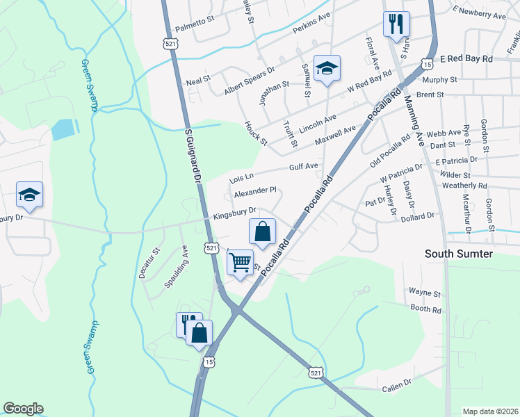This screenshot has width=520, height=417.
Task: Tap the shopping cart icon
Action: pyautogui.click(x=240, y=263)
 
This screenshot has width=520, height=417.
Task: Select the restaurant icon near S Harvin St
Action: pyautogui.click(x=396, y=24)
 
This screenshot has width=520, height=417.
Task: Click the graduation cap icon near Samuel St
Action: pyautogui.click(x=327, y=68)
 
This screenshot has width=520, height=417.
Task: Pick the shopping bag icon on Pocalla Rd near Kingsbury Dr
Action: pyautogui.click(x=263, y=231)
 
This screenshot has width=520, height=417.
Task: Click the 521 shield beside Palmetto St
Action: pyautogui.click(x=170, y=43)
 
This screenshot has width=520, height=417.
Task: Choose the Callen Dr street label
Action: pyautogui.click(x=396, y=383)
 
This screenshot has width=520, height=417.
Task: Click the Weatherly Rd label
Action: pyautogui.click(x=464, y=186)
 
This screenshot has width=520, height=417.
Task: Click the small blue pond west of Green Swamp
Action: pyautogui.click(x=63, y=129)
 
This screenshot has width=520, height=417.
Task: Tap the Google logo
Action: pyautogui.click(x=23, y=409)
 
